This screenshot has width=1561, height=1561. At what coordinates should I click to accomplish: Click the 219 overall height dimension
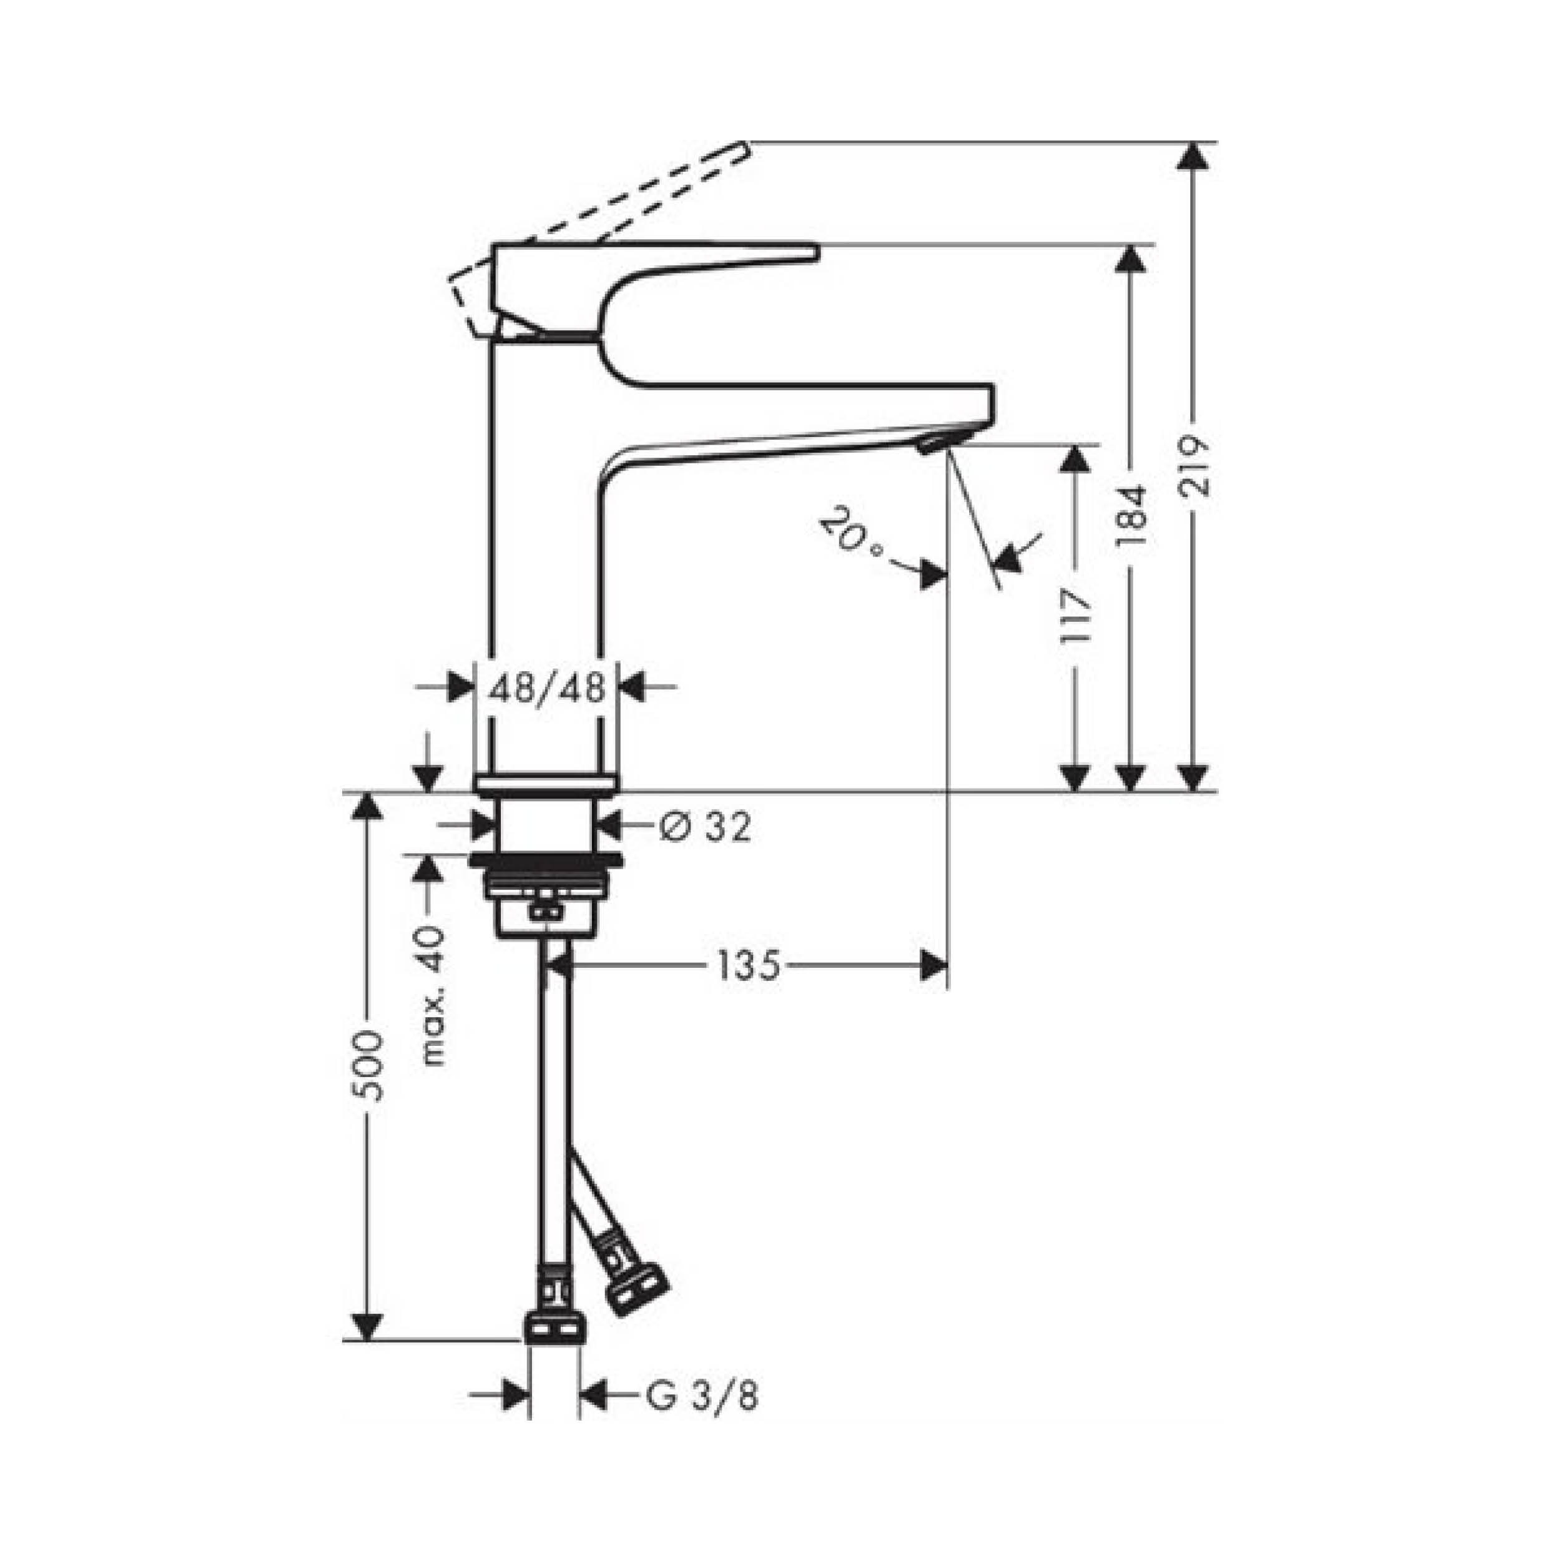tap(1194, 466)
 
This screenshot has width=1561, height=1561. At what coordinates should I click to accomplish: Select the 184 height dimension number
tap(1131, 517)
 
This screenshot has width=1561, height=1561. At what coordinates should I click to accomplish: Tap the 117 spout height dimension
tap(1075, 616)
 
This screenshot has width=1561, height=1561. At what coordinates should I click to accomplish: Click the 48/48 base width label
tap(547, 688)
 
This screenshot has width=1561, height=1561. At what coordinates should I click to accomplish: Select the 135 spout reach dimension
tap(749, 965)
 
